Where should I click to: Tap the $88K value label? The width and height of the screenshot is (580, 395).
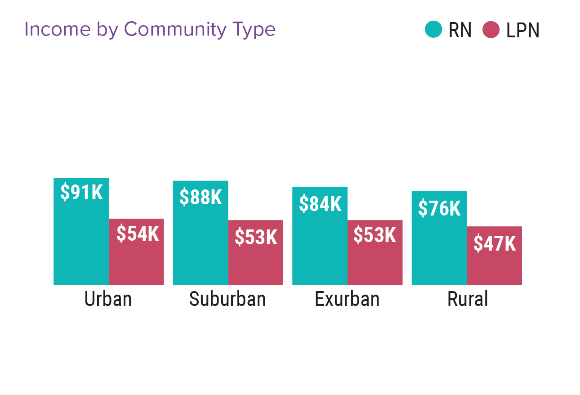201,197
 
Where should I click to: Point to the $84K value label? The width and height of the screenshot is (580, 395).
320,204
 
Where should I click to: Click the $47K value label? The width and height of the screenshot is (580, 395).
495,243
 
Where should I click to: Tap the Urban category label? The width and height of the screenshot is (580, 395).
108,299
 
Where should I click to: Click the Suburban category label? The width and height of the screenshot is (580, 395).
228,299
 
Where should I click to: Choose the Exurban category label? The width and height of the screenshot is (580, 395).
347,299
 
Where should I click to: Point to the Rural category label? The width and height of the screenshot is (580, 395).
468,299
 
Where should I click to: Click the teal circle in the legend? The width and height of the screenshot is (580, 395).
434,30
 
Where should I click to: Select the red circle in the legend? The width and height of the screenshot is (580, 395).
491,30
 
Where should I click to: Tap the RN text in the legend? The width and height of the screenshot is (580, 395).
460,30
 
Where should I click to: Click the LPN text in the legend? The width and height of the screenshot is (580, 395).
522,30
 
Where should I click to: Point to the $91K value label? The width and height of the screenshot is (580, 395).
81,193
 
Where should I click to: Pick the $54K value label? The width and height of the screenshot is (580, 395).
138,234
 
